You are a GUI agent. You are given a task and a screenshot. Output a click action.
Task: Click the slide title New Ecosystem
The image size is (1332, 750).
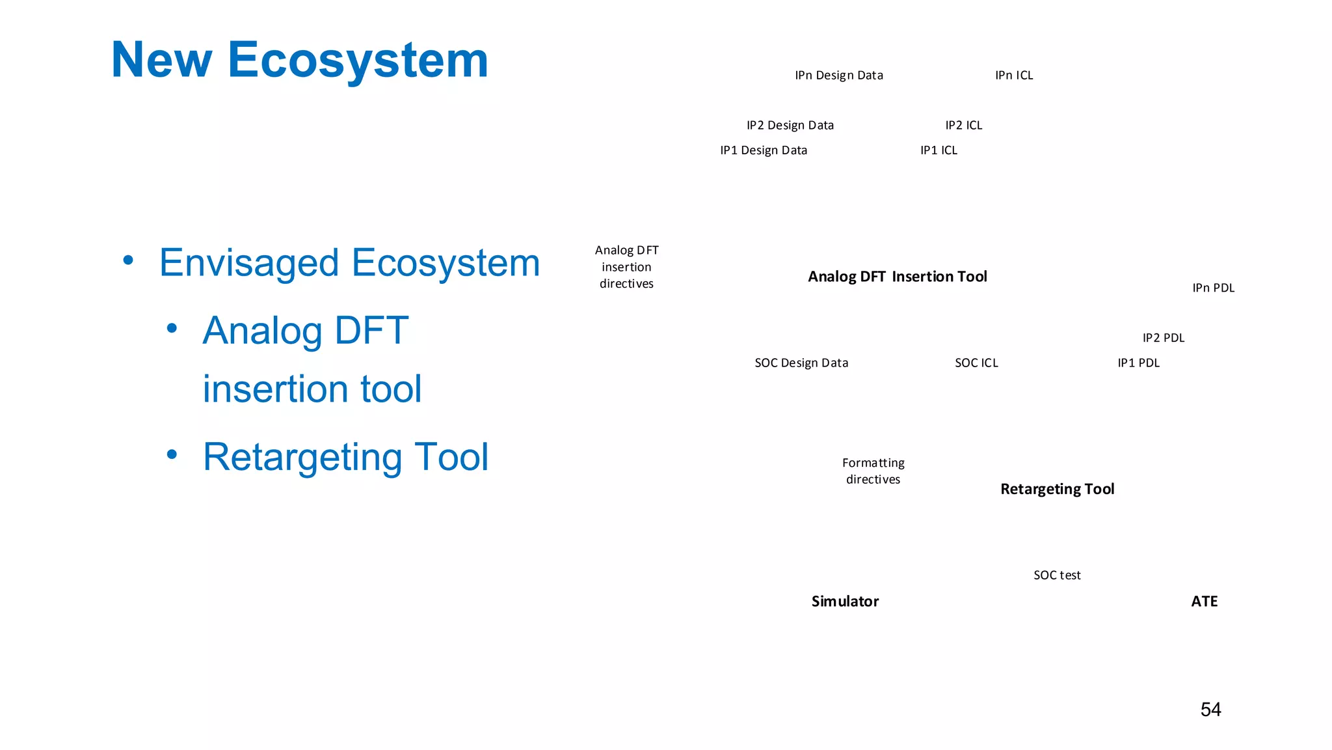click(299, 60)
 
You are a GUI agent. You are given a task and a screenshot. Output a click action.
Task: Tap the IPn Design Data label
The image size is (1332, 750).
click(838, 76)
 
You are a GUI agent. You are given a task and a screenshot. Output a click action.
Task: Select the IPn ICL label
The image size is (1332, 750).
click(1013, 76)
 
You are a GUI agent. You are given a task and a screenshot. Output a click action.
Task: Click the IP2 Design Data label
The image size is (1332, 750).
click(790, 125)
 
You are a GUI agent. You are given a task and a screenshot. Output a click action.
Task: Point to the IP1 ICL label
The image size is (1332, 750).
click(938, 150)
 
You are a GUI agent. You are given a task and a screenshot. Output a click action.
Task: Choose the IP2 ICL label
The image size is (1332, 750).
click(963, 125)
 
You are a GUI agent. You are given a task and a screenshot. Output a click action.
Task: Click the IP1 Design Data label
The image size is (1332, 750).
click(763, 150)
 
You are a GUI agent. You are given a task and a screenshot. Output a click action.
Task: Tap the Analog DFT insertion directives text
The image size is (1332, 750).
click(626, 267)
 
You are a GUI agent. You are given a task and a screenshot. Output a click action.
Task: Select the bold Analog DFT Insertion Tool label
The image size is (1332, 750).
click(897, 277)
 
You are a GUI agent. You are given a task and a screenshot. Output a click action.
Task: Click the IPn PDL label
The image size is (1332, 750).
click(1213, 288)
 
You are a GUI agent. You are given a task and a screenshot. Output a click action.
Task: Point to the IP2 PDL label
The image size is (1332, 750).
click(1163, 338)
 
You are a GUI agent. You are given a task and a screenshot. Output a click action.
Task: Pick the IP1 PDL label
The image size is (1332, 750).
click(1138, 363)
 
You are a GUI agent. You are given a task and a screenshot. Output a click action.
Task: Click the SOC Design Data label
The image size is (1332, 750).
click(801, 363)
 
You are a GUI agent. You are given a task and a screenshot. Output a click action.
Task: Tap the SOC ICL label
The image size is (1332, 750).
click(976, 363)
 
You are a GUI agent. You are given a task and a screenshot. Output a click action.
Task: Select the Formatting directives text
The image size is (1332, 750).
click(873, 471)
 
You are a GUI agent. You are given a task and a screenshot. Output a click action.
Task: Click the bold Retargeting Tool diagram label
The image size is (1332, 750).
click(1057, 489)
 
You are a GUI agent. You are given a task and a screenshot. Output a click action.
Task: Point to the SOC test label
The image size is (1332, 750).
click(1056, 575)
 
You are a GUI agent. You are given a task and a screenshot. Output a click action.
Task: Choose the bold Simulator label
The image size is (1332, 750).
click(845, 601)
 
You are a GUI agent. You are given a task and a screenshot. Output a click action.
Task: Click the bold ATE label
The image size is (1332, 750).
click(1204, 601)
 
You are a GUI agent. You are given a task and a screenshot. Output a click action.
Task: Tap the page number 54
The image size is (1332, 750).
click(1210, 709)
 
